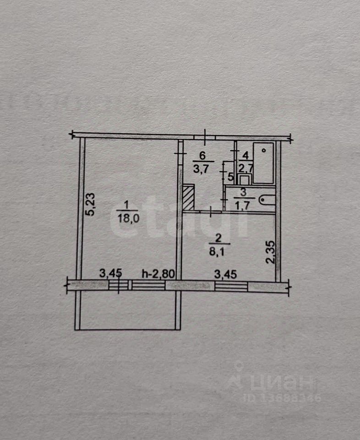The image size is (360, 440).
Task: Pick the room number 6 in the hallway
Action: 202,155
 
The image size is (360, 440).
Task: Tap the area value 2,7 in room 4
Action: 244,167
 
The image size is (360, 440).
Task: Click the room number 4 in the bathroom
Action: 245,155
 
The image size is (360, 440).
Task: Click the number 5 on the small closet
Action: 229,176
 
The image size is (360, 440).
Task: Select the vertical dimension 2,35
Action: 271,253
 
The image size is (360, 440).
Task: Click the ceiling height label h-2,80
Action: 158,274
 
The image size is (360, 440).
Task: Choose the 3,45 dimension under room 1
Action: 110,274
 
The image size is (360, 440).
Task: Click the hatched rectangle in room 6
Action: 188,198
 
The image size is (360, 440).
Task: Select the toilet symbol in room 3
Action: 267,200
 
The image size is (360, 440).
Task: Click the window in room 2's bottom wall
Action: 231,286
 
